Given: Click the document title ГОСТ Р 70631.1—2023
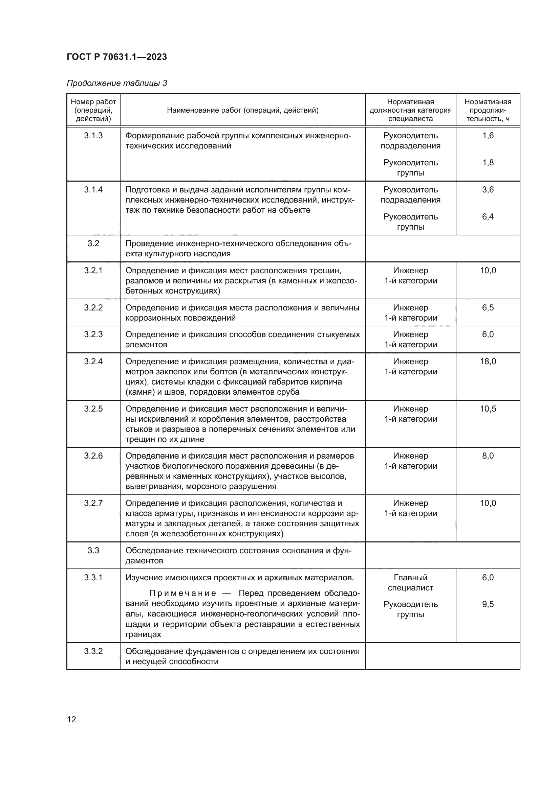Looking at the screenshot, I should coord(116,57).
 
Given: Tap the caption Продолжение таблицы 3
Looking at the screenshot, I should coord(116,83).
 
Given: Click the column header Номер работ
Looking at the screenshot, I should coord(93,102).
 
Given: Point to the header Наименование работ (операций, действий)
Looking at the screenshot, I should coord(242,110).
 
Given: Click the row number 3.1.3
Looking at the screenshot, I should coord(93,136).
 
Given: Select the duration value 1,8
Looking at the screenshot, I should coord(488,163).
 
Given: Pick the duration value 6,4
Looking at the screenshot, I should coord(488,217).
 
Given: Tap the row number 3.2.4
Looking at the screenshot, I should coord(93,362).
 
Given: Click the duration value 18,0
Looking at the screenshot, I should coord(488,362).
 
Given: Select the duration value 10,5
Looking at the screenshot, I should coord(488,409).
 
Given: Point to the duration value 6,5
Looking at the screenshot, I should coord(488,308).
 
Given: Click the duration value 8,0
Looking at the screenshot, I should coord(488,456).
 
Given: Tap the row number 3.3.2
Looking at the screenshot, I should coord(93,651).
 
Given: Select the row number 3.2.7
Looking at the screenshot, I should coord(93,503).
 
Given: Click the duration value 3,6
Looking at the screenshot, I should coord(488,190).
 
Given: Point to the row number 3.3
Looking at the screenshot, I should coord(93,550).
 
